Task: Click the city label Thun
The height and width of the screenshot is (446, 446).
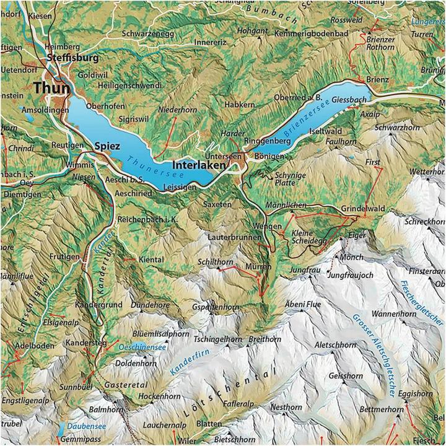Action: click(52, 88)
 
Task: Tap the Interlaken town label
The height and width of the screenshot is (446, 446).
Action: click(203, 165)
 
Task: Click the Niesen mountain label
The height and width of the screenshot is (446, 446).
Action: click(84, 177)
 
